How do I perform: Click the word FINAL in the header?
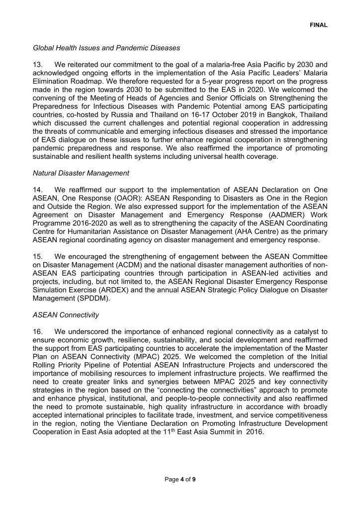click(x=319, y=24)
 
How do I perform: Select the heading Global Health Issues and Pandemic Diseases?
click(x=106, y=48)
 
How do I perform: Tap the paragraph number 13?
click(x=38, y=65)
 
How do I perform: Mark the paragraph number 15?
click(x=38, y=256)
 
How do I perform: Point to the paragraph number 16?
click(x=38, y=332)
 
